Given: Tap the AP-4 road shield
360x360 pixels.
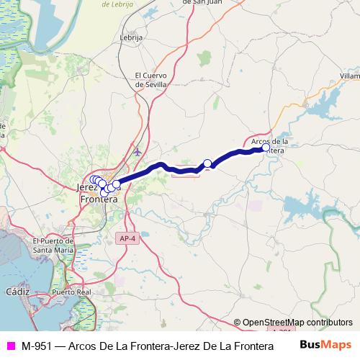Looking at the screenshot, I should pyautogui.click(x=126, y=237).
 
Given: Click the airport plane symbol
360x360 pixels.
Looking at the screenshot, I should pyautogui.click(x=138, y=151).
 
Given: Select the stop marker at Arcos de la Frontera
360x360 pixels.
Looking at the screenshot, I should pyautogui.click(x=266, y=148).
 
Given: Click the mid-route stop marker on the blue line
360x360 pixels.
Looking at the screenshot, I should pyautogui.click(x=207, y=163).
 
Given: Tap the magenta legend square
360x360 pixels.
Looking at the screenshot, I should pyautogui.click(x=10, y=345).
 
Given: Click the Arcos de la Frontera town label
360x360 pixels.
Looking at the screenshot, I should pyautogui.click(x=271, y=145).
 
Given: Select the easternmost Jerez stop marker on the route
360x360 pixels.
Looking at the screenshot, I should pyautogui.click(x=116, y=184).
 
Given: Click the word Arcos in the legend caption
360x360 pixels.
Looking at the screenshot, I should pyautogui.click(x=84, y=345).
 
